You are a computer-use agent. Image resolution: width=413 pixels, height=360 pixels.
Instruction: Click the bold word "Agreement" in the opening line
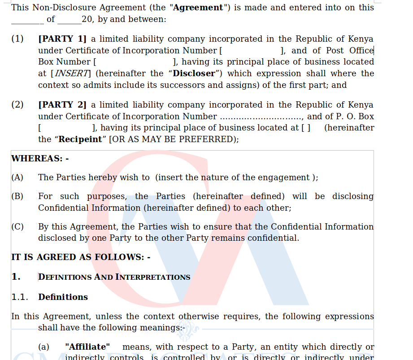pyautogui.click(x=198, y=8)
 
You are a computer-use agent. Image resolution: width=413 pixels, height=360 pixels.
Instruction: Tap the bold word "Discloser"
pyautogui.click(x=194, y=74)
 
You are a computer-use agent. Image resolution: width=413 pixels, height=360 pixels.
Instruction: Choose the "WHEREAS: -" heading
pyautogui.click(x=40, y=159)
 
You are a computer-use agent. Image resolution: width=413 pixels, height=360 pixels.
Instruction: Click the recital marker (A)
pyautogui.click(x=17, y=178)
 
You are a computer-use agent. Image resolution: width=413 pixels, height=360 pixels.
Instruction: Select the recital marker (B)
pyautogui.click(x=17, y=196)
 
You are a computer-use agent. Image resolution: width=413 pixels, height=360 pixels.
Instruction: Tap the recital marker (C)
pyautogui.click(x=17, y=227)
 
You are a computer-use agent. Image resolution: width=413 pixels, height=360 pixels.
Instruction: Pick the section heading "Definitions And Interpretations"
pyautogui.click(x=114, y=277)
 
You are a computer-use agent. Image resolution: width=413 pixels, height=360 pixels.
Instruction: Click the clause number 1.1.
pyautogui.click(x=20, y=297)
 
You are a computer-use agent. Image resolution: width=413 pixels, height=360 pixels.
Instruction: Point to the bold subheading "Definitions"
pyautogui.click(x=63, y=297)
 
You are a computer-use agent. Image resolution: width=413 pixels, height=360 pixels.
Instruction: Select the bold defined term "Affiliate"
pyautogui.click(x=87, y=347)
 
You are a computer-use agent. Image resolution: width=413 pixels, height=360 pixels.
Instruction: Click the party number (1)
pyautogui.click(x=17, y=39)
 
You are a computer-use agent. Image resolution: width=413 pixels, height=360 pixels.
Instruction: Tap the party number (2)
pyautogui.click(x=17, y=105)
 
